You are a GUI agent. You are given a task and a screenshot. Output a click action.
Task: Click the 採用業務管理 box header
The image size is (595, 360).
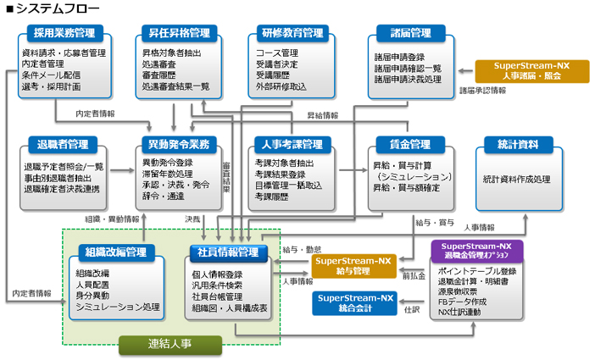65,33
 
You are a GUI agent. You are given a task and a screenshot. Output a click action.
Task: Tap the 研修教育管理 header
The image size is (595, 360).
289,33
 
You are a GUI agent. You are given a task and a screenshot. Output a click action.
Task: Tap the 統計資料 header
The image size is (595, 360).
517,143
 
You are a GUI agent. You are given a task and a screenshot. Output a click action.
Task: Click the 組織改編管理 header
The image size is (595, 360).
115,252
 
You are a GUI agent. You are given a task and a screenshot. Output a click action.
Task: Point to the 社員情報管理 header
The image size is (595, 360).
228,252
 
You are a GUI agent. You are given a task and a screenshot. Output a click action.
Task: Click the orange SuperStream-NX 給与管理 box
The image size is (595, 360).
354,265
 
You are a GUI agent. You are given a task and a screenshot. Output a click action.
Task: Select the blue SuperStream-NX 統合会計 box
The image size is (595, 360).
354,303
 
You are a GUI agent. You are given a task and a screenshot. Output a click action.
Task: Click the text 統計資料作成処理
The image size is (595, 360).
517,179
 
